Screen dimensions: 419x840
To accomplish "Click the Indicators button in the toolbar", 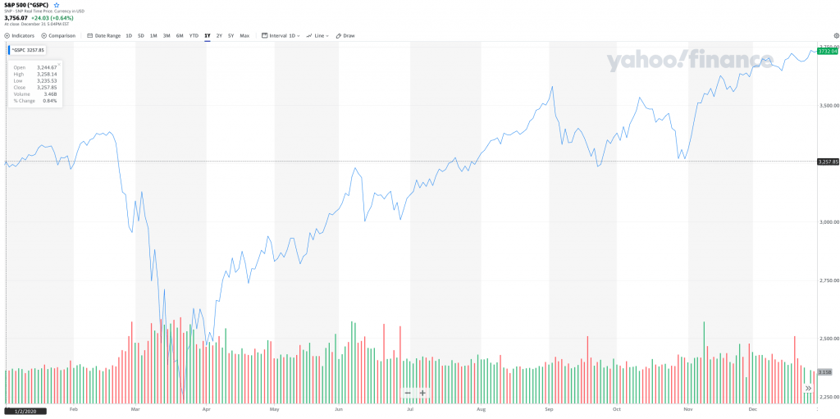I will (x=20, y=35).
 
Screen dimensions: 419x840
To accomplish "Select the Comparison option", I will (x=58, y=35).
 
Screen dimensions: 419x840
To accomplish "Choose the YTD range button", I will (x=194, y=35).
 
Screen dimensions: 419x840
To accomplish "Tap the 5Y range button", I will (x=231, y=35).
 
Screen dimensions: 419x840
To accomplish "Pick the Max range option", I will (x=244, y=35).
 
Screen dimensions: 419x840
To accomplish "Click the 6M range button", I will (x=180, y=35).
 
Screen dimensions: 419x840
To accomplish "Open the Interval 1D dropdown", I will (x=281, y=35).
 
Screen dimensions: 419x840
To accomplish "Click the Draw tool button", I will (x=345, y=35).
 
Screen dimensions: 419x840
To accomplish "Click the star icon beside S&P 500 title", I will (x=57, y=5).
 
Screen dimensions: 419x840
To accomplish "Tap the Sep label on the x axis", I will (x=549, y=408).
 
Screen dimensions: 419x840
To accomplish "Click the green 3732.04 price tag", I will (x=827, y=51).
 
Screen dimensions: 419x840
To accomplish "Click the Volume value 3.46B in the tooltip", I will (x=50, y=93).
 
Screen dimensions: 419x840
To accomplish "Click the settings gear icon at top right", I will (x=836, y=35).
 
